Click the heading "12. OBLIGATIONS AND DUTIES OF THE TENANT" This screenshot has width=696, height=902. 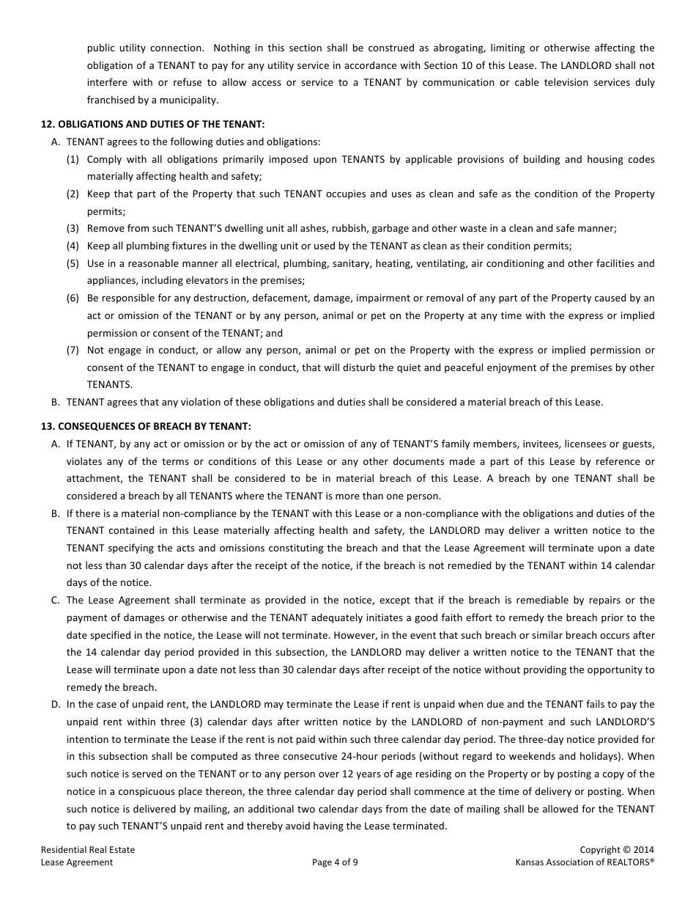coord(152,125)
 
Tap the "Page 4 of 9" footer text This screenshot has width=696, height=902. coord(335,862)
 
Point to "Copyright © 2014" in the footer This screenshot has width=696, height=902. coord(617,850)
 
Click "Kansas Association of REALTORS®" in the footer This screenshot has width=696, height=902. coord(585,862)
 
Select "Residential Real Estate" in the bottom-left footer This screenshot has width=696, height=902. coord(88,850)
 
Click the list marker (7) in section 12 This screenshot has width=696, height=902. coord(73,350)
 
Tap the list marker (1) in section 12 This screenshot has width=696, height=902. coord(73,159)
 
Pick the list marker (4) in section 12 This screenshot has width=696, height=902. coord(73,246)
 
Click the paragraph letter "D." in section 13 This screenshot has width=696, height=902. coord(56,705)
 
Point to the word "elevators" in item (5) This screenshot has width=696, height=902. coord(201,281)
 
